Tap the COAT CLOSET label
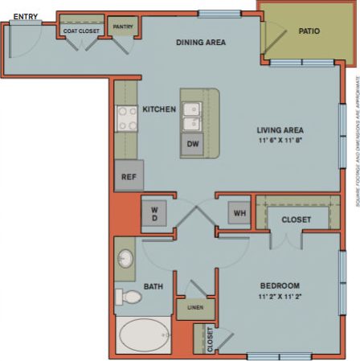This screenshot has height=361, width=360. pyautogui.click(x=81, y=31)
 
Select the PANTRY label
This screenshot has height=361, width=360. pyautogui.click(x=124, y=26)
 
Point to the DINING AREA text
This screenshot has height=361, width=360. pyautogui.click(x=202, y=42)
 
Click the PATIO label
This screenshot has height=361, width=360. pyautogui.click(x=309, y=32)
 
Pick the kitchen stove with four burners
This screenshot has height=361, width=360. pyautogui.click(x=127, y=119)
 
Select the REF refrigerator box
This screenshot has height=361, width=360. pyautogui.click(x=129, y=176)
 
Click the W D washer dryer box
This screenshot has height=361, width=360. pyautogui.click(x=154, y=214)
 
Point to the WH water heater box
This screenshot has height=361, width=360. pyautogui.click(x=239, y=213)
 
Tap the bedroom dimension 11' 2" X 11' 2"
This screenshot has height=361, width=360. pyautogui.click(x=279, y=297)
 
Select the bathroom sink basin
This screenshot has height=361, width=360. pyautogui.click(x=125, y=260)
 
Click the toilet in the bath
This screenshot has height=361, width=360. pyautogui.click(x=129, y=297)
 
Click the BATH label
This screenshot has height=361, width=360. pyautogui.click(x=153, y=285)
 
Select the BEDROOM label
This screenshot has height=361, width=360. pyautogui.click(x=280, y=285)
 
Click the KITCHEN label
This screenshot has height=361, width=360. pyautogui.click(x=159, y=109)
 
